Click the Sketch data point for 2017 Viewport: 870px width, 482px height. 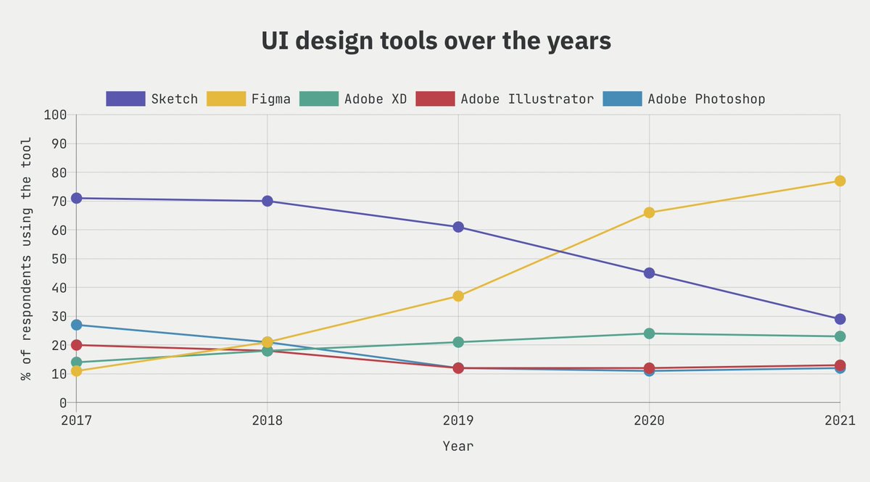[x=76, y=198]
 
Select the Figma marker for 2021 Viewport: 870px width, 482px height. [x=840, y=180]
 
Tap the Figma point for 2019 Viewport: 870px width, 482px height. [x=458, y=296]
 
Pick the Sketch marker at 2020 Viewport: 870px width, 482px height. [x=649, y=273]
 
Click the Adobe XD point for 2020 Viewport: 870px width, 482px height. [x=649, y=333]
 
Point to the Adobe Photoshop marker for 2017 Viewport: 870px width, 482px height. [x=76, y=325]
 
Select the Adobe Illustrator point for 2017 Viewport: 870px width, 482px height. [x=76, y=345]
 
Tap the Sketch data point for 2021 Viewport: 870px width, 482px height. [x=840, y=319]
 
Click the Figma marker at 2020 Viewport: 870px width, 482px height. [x=649, y=212]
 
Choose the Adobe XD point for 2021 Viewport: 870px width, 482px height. [x=840, y=336]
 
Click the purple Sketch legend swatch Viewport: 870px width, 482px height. [x=125, y=99]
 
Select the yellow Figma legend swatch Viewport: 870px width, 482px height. [x=226, y=99]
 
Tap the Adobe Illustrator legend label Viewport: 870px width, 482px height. [x=527, y=99]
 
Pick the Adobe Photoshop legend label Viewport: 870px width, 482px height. [x=706, y=99]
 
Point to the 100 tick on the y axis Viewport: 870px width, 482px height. [x=55, y=115]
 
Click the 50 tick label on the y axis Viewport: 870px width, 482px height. [x=58, y=259]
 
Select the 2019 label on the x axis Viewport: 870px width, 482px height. [x=458, y=421]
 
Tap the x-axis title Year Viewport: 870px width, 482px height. [x=458, y=446]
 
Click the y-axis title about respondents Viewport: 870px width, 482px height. [x=26, y=259]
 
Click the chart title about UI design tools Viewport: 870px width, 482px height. [x=436, y=41]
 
